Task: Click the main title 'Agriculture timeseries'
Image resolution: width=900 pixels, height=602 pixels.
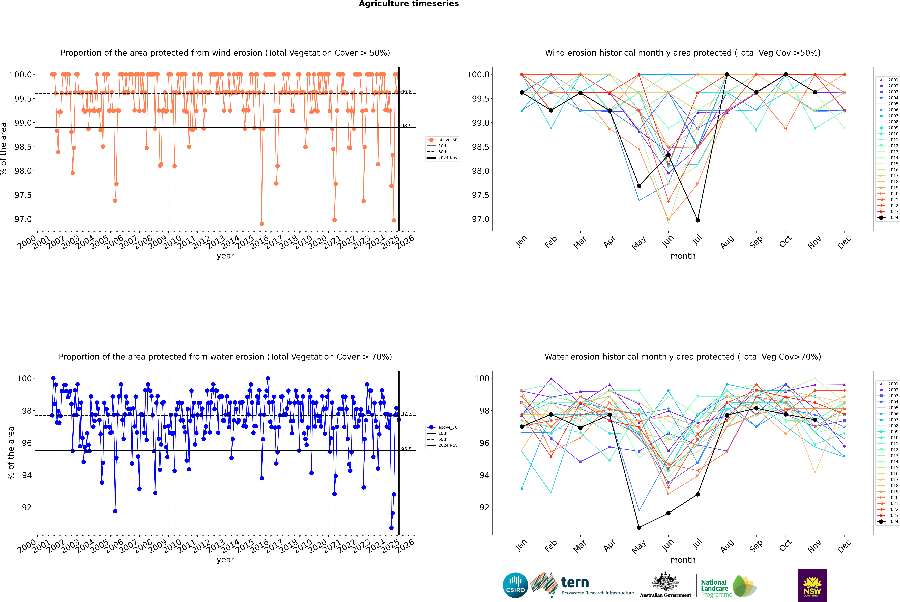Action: [x=409, y=4]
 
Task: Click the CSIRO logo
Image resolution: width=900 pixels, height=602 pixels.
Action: [x=515, y=585]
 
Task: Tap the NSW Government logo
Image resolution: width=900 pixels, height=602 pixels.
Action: [x=812, y=585]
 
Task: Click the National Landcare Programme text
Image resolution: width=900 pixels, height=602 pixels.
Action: [x=714, y=588]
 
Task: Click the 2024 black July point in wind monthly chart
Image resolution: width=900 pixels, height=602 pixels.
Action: [x=697, y=220]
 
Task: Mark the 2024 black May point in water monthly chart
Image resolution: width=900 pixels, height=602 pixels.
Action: [x=639, y=527]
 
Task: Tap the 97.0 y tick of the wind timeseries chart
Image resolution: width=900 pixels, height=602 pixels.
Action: [x=23, y=219]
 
